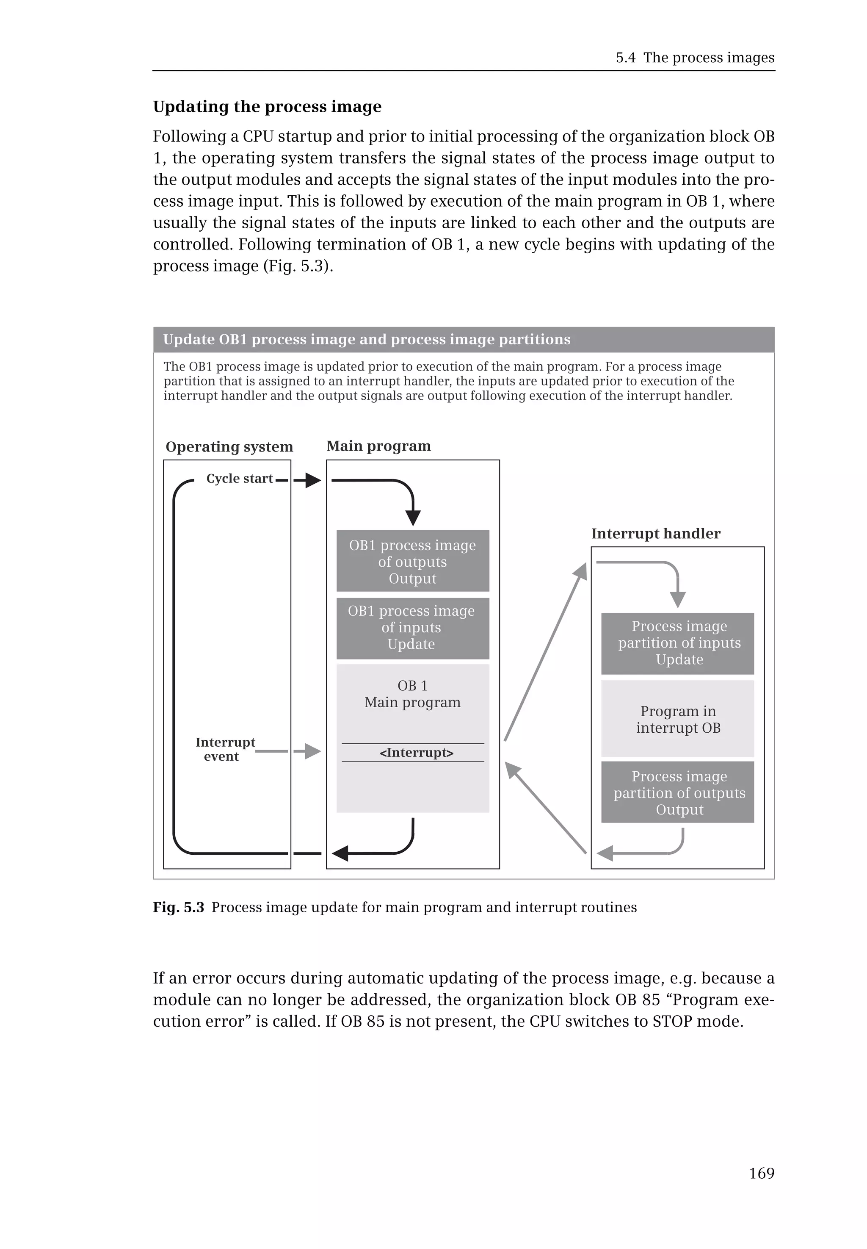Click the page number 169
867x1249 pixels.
pyautogui.click(x=761, y=1174)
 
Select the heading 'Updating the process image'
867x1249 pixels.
pyautogui.click(x=267, y=107)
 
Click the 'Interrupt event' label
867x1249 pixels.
pyautogui.click(x=225, y=749)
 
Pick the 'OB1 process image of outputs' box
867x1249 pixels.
pyautogui.click(x=412, y=561)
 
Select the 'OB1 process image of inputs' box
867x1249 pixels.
pyautogui.click(x=412, y=628)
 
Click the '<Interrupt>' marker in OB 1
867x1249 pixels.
pyautogui.click(x=416, y=752)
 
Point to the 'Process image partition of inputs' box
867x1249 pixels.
pyautogui.click(x=677, y=643)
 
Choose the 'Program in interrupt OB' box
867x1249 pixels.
pyautogui.click(x=677, y=719)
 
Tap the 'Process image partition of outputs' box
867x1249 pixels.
pyautogui.click(x=677, y=792)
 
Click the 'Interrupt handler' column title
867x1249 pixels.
pyautogui.click(x=656, y=533)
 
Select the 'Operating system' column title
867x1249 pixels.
pyautogui.click(x=229, y=447)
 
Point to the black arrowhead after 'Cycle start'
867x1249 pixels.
pyautogui.click(x=313, y=480)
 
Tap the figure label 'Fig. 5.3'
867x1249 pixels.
pyautogui.click(x=178, y=907)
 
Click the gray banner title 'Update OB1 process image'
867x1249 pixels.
pyautogui.click(x=367, y=340)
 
